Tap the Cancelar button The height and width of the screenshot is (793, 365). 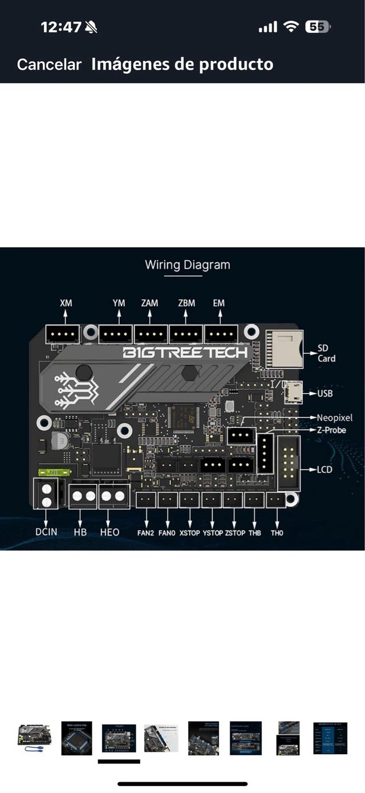point(49,64)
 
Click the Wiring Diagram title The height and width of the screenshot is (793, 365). point(188,265)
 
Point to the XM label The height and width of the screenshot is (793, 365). point(66,303)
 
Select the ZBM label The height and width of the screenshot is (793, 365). point(186,303)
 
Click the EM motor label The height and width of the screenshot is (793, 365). point(218,303)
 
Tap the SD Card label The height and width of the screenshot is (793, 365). point(327,353)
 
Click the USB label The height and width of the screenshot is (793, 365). point(325,394)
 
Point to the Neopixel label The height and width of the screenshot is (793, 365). point(335,418)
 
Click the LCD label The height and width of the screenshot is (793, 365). point(325,470)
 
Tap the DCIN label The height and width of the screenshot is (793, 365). point(46,532)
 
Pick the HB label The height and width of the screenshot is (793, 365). point(80,532)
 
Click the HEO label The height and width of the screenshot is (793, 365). point(110,532)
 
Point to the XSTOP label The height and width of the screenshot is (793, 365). point(189,533)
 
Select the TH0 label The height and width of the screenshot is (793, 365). point(277,533)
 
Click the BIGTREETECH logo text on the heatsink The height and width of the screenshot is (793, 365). point(185,352)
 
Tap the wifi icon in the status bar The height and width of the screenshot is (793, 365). point(291,27)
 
